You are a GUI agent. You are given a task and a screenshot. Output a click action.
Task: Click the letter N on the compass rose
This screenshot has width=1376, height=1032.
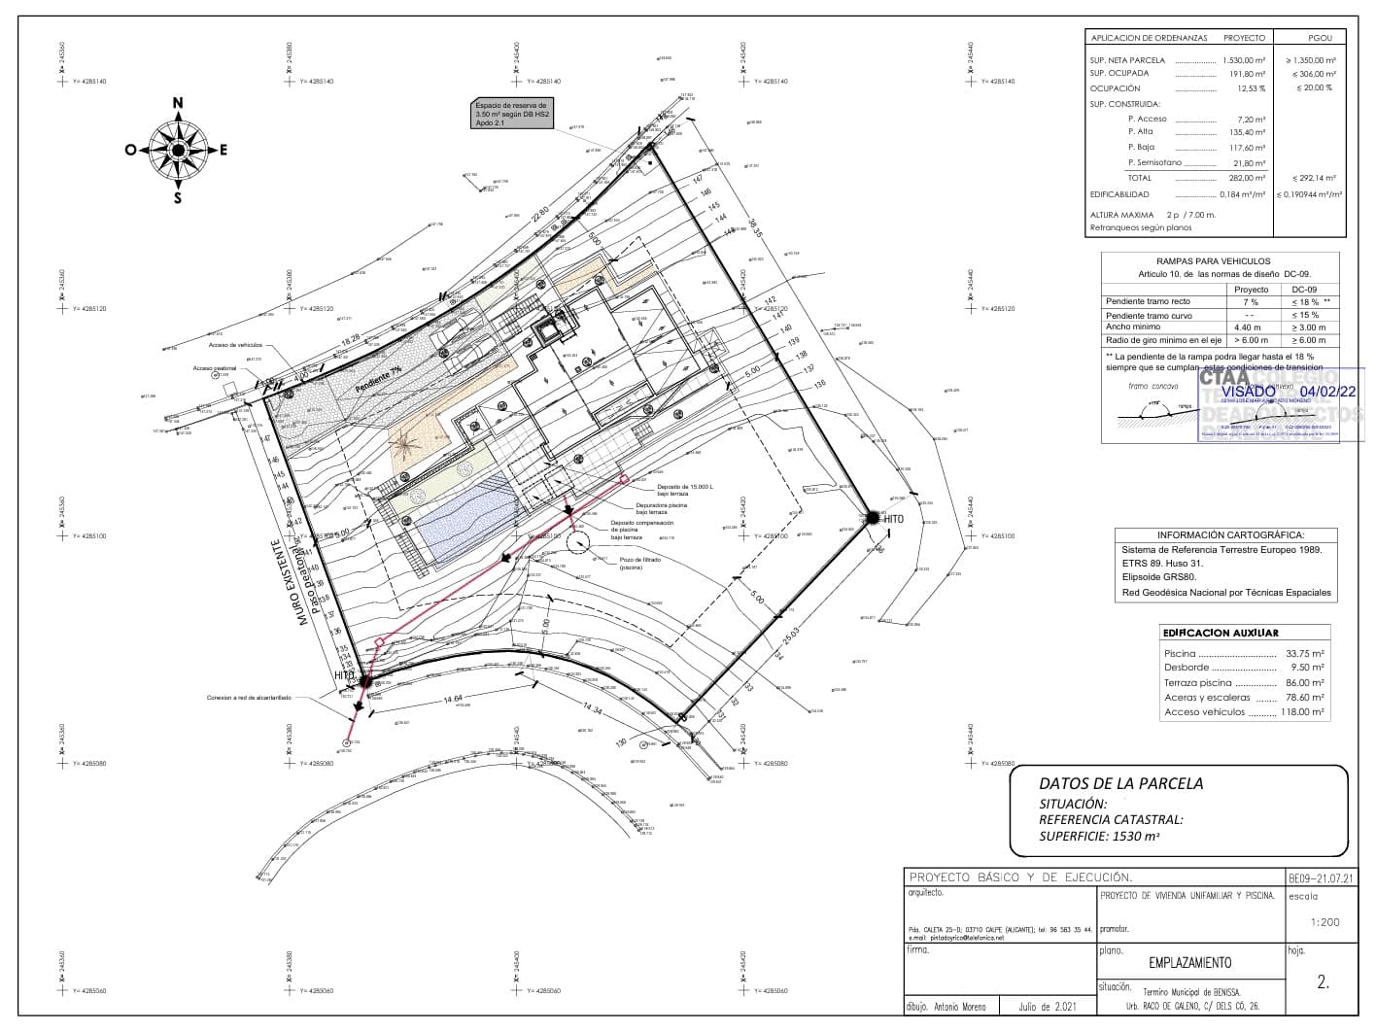click(x=178, y=103)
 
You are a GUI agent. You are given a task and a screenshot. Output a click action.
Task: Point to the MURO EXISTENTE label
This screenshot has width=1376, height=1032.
click(x=292, y=582)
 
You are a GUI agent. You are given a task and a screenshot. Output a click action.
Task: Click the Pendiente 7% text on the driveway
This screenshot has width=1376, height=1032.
click(x=378, y=377)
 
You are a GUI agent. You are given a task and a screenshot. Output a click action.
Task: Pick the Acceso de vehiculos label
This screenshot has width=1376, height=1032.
click(x=235, y=345)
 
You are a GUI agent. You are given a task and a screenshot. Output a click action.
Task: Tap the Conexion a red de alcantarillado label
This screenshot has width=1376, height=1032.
click(x=249, y=698)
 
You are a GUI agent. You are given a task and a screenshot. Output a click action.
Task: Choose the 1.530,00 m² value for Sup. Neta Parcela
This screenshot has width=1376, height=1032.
click(x=1243, y=60)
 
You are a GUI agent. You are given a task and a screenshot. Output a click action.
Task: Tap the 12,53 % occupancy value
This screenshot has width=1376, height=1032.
click(x=1250, y=88)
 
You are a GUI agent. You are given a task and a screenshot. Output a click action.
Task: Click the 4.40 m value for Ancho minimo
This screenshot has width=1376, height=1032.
click(x=1248, y=327)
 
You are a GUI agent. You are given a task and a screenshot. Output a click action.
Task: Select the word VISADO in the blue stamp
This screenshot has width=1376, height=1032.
click(x=1248, y=392)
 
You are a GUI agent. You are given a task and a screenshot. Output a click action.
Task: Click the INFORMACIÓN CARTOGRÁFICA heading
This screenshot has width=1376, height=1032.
click(x=1230, y=535)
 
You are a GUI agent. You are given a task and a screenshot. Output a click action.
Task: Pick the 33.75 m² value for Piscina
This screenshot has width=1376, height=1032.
click(x=1304, y=654)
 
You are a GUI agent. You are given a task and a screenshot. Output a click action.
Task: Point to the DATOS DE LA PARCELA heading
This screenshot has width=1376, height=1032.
click(x=1120, y=783)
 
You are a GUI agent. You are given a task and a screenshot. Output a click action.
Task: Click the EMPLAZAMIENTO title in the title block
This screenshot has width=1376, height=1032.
click(x=1189, y=963)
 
